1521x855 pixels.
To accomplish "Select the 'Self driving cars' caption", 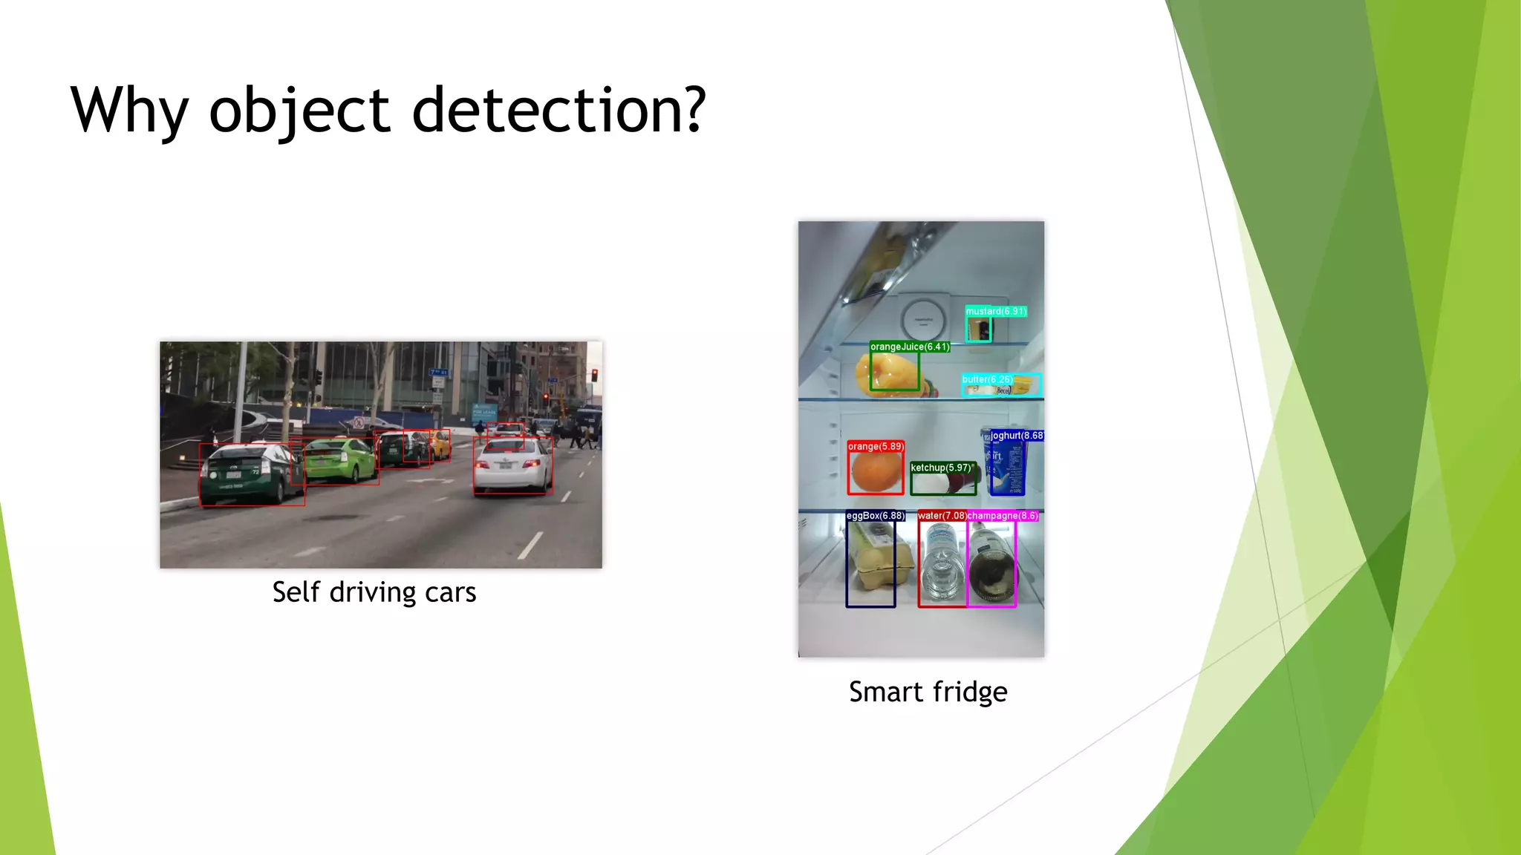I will click(x=374, y=592).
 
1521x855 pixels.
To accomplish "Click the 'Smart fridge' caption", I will click(x=928, y=692).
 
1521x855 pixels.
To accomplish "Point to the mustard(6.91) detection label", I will click(x=996, y=312).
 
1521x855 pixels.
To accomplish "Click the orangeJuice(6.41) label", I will click(x=910, y=347).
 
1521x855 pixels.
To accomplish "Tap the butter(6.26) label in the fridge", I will click(x=987, y=379).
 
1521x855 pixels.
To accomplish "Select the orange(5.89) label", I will click(x=876, y=446).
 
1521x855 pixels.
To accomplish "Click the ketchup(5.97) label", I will click(x=942, y=468).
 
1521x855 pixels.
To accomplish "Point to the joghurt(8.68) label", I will click(x=1017, y=436).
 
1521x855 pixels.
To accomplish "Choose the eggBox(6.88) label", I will click(x=876, y=516).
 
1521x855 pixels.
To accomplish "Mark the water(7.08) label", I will click(x=942, y=516).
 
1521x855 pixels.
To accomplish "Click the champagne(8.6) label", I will click(x=1003, y=516).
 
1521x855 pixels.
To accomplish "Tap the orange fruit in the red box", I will click(x=876, y=472).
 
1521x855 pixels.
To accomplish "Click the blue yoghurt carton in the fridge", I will click(x=1007, y=468).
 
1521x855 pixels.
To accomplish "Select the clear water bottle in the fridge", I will click(x=942, y=564).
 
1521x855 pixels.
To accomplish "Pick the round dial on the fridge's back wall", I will click(x=922, y=321).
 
